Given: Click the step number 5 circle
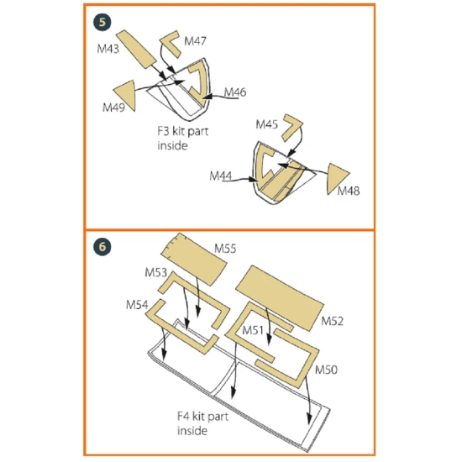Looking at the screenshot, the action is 102,23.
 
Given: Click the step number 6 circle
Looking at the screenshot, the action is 102,247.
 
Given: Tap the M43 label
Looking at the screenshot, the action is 108,49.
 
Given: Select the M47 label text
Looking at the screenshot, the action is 195,41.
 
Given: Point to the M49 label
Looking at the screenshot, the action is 113,108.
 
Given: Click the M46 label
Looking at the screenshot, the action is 235,92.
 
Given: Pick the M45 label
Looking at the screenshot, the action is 266,124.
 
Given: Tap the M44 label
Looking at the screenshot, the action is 221,176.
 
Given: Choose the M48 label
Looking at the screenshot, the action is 349,191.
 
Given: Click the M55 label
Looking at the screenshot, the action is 225,249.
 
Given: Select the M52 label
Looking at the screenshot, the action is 332,321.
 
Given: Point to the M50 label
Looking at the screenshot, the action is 326,370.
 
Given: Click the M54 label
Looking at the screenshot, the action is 137,305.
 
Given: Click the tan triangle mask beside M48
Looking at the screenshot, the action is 335,177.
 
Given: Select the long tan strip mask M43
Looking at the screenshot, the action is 136,50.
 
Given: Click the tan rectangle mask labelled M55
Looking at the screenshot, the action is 194,260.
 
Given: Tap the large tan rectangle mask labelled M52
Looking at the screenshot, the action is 280,298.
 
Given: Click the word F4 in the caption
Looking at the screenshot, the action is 183,416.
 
